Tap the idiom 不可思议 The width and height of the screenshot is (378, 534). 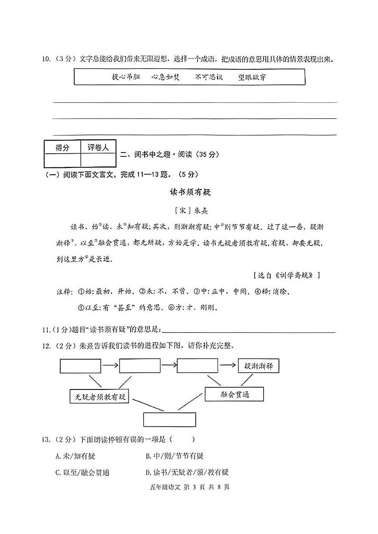click(x=209, y=77)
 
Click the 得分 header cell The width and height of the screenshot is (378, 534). click(x=62, y=148)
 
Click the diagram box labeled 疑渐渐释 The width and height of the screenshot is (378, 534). click(x=258, y=366)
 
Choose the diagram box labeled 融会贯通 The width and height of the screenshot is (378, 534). click(x=234, y=394)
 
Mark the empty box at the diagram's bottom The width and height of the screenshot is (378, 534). click(x=169, y=419)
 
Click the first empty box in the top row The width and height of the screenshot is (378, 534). click(x=80, y=366)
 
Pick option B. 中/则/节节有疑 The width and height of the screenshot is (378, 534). click(x=175, y=456)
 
